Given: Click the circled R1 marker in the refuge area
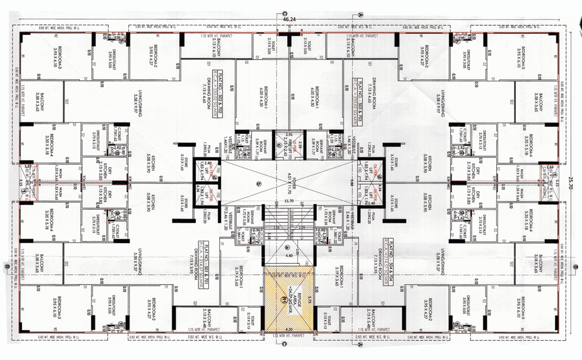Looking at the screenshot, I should [x=284, y=299].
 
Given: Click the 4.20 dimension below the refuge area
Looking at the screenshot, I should [x=290, y=329].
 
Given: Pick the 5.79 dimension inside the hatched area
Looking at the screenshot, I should [x=309, y=299].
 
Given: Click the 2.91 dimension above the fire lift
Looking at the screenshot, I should [x=290, y=133].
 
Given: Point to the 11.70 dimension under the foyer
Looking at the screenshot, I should [x=291, y=201].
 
